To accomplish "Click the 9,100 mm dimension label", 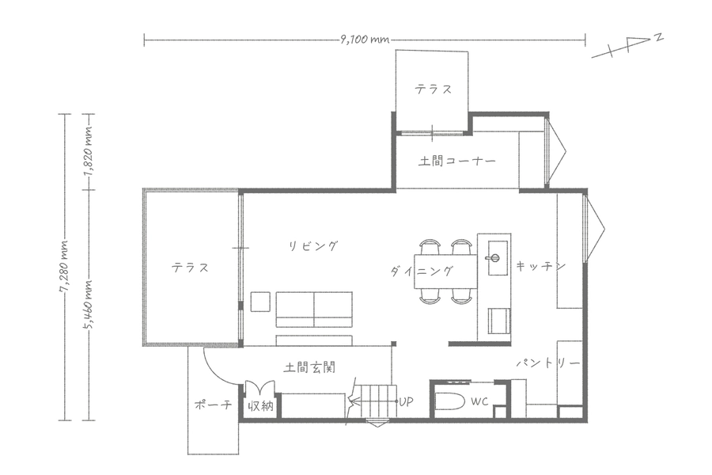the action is [365, 40].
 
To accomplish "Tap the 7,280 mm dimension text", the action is [66, 266].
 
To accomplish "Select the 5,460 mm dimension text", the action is [89, 303].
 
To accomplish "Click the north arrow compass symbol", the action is [628, 47].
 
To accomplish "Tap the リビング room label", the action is [314, 246].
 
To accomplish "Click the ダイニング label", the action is [422, 272].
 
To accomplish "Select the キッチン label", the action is [540, 265].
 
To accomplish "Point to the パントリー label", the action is [548, 363].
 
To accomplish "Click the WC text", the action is [479, 401].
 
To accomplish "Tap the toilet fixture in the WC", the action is [450, 402].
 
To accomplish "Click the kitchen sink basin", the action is [498, 258].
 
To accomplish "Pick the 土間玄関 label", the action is [309, 367].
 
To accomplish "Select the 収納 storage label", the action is [260, 405].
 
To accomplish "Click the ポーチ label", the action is [213, 404].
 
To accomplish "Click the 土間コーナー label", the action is [456, 161].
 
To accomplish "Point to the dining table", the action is [445, 272].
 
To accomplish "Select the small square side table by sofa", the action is [260, 302].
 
